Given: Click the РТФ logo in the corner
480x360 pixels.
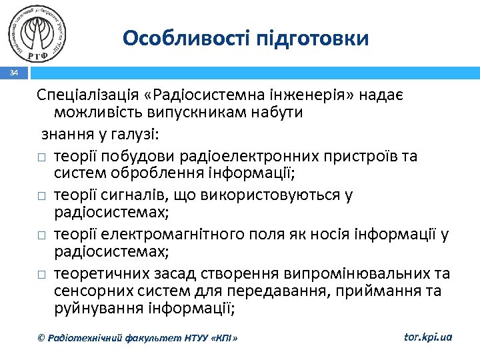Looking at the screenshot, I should [x=39, y=31].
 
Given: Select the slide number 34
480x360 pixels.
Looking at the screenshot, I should [x=14, y=73].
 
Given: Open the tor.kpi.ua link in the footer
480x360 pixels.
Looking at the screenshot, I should [x=428, y=337].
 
